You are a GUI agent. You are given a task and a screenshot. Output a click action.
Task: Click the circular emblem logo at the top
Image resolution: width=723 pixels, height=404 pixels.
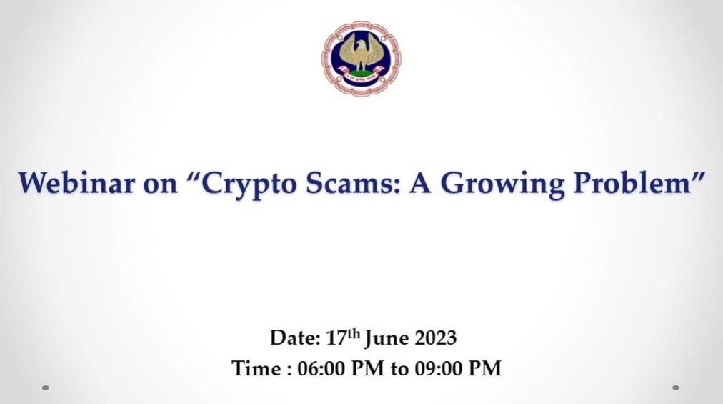pyautogui.click(x=361, y=59)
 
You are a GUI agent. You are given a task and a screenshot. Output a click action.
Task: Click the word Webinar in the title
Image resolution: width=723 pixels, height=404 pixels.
pyautogui.click(x=76, y=182)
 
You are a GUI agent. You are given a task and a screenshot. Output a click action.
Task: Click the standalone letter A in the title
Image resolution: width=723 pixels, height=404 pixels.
pyautogui.click(x=420, y=183)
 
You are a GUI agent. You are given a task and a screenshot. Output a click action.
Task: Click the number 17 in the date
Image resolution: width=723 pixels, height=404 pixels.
pyautogui.click(x=336, y=338)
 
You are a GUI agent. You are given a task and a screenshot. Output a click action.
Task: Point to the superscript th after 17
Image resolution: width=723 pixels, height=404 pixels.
pyautogui.click(x=354, y=333)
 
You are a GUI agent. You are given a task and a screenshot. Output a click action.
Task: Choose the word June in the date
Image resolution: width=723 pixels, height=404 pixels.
pyautogui.click(x=387, y=339)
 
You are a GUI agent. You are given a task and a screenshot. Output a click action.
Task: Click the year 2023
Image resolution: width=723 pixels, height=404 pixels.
pyautogui.click(x=435, y=338)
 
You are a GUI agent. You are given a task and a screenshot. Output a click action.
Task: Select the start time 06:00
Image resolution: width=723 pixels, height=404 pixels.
pyautogui.click(x=321, y=368)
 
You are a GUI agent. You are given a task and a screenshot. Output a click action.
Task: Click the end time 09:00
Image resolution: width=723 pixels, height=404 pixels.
pyautogui.click(x=438, y=368)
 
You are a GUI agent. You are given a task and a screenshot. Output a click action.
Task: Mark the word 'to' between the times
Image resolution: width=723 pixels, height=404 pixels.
pyautogui.click(x=399, y=370)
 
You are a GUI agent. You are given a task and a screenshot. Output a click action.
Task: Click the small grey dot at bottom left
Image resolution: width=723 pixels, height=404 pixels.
pyautogui.click(x=45, y=388)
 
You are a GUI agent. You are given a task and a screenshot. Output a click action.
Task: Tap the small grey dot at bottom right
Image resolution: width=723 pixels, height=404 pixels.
pyautogui.click(x=676, y=388)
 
